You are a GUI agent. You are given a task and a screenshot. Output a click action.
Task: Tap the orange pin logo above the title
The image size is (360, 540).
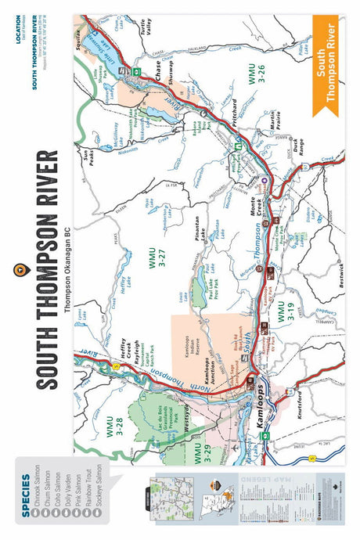coord(52,268)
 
